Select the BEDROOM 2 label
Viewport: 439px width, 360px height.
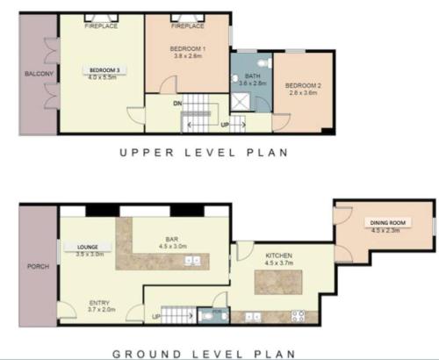(303, 85)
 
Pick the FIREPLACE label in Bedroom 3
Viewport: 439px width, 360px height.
(101, 26)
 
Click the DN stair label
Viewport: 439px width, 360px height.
(176, 103)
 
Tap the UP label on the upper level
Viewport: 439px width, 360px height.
(225, 125)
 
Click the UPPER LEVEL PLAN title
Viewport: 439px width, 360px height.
(204, 152)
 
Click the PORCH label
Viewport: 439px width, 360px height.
(38, 267)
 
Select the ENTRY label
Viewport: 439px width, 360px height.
(100, 305)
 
